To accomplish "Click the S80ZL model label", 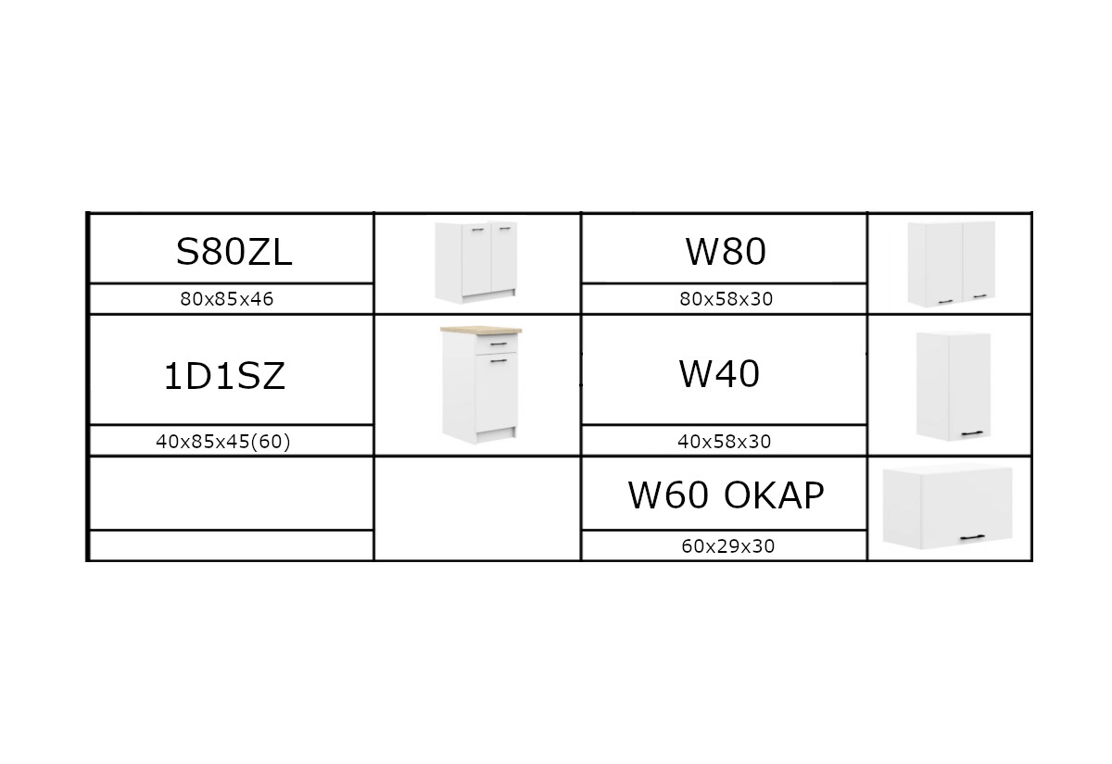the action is pyautogui.click(x=234, y=252).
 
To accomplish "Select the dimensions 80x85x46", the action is pyautogui.click(x=227, y=298).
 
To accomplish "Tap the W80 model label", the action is pyautogui.click(x=726, y=252).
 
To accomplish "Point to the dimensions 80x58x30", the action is pyautogui.click(x=726, y=298).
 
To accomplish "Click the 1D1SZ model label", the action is pyautogui.click(x=224, y=376).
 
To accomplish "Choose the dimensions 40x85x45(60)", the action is pyautogui.click(x=223, y=441).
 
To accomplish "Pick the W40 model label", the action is pyautogui.click(x=719, y=373).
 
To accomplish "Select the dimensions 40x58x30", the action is pyautogui.click(x=725, y=441).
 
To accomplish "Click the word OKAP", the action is pyautogui.click(x=774, y=495).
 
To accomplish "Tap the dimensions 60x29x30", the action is pyautogui.click(x=727, y=546).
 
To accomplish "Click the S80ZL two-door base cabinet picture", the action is pyautogui.click(x=476, y=262).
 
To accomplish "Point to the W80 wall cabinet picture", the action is pyautogui.click(x=951, y=264).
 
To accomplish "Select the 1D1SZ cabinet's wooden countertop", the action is pyautogui.click(x=481, y=330).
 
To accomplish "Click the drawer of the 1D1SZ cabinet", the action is pyautogui.click(x=497, y=344).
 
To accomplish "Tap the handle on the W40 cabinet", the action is pyautogui.click(x=972, y=433).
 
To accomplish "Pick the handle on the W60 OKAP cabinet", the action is pyautogui.click(x=972, y=537).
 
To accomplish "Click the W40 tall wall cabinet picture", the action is pyautogui.click(x=954, y=386).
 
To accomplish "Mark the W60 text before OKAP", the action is pyautogui.click(x=668, y=495).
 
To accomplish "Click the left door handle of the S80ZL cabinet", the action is pyautogui.click(x=478, y=230).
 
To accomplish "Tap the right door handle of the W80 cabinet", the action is pyautogui.click(x=980, y=296).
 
